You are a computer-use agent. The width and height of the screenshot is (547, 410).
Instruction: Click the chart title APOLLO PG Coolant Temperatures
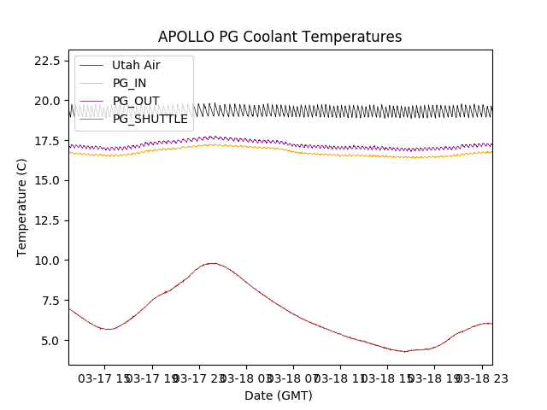pyautogui.click(x=279, y=37)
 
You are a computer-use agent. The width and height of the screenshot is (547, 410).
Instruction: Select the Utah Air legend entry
pyautogui.click(x=136, y=65)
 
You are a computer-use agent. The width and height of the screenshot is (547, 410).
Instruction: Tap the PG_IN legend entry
pyautogui.click(x=129, y=83)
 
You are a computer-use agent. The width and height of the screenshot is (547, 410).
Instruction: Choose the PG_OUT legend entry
pyautogui.click(x=136, y=101)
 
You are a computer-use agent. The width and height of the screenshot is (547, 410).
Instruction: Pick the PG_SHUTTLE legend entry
pyautogui.click(x=150, y=119)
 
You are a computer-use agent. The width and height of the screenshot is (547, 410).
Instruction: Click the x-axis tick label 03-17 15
pyautogui.click(x=105, y=378)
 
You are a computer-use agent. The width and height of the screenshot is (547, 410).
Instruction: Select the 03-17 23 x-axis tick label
pyautogui.click(x=199, y=378)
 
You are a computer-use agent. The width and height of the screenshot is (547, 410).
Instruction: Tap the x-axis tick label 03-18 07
pyautogui.click(x=293, y=378)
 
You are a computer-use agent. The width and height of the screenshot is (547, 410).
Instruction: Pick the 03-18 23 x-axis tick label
pyautogui.click(x=480, y=378)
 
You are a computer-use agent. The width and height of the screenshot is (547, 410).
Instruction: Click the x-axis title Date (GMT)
pyautogui.click(x=279, y=395)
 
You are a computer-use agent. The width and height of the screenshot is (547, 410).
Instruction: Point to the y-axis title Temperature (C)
pyautogui.click(x=22, y=207)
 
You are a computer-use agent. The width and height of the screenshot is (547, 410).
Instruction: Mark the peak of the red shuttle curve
pyautogui.click(x=211, y=263)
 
